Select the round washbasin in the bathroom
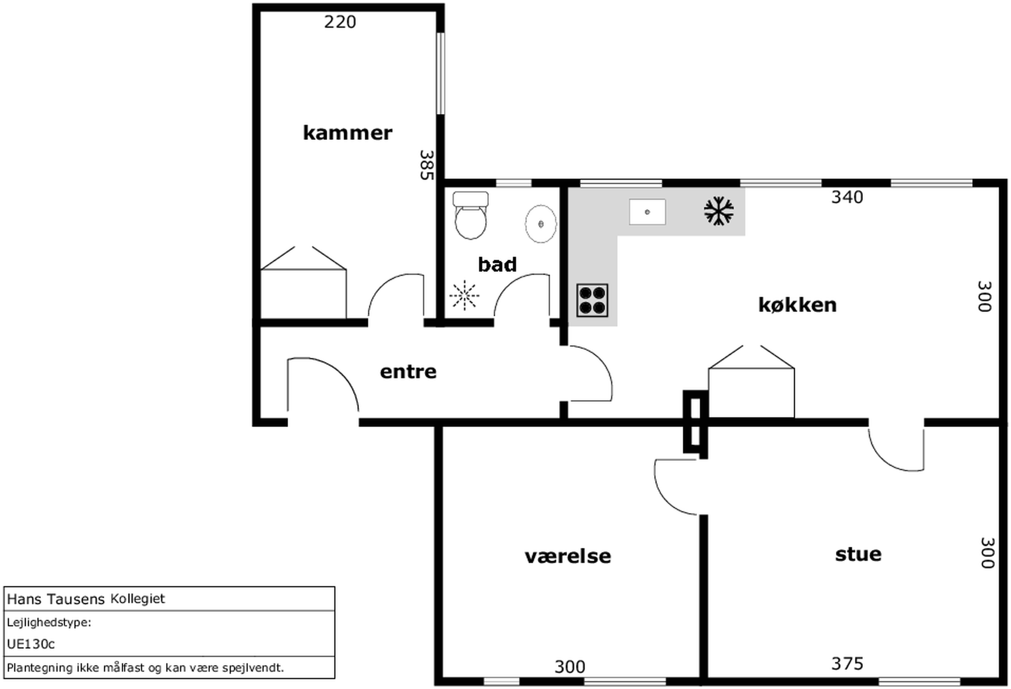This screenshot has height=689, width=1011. tap(541, 224)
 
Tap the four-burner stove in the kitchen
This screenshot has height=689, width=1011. tap(592, 300)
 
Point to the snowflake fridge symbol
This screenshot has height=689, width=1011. tap(719, 211)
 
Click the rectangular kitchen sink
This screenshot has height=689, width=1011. tap(647, 212)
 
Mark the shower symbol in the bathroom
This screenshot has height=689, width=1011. tap(464, 296)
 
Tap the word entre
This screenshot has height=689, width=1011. tap(408, 372)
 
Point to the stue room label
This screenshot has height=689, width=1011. tap(858, 554)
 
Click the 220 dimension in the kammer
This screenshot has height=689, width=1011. tap(340, 22)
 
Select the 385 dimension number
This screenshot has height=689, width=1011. tap(427, 165)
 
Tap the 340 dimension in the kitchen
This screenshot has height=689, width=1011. tap(847, 197)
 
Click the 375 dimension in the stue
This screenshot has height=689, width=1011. tap(847, 664)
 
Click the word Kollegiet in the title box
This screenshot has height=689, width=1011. tap(137, 599)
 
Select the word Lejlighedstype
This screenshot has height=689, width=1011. tap(49, 622)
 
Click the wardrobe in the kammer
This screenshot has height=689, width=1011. tap(303, 282)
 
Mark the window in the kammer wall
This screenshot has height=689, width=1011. tap(440, 74)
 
